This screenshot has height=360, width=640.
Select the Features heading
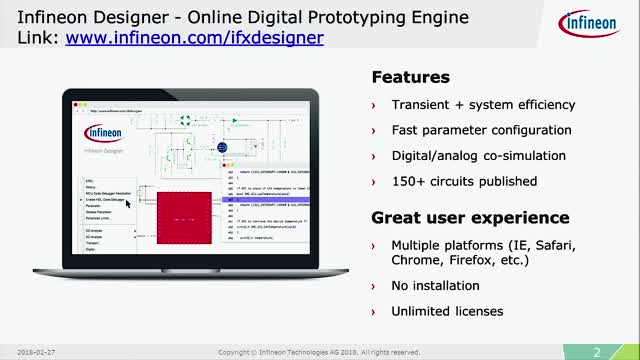coord(411,77)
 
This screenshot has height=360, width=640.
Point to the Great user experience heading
coord(456,217)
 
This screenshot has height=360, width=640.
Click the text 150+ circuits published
coord(451,181)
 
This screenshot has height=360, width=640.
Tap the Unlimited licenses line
coord(448,311)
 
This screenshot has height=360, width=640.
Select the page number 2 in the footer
coord(596,351)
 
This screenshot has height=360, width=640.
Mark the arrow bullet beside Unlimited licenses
coord(375,312)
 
